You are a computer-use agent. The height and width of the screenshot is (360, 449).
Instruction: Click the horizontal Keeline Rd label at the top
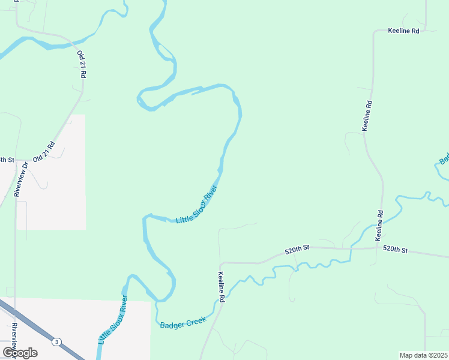click(403, 30)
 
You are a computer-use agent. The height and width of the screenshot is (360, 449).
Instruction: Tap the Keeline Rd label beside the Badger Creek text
click(221, 286)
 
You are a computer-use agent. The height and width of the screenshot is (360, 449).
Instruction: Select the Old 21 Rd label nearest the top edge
click(82, 64)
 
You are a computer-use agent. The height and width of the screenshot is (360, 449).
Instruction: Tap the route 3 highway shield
click(56, 341)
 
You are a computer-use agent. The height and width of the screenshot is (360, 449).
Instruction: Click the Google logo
click(20, 352)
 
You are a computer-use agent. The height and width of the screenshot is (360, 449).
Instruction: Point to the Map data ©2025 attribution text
click(423, 355)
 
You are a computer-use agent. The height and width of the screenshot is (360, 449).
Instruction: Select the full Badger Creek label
click(183, 323)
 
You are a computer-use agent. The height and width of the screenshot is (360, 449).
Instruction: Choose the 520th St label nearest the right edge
click(395, 249)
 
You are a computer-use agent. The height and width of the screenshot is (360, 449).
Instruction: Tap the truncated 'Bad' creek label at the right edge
click(444, 160)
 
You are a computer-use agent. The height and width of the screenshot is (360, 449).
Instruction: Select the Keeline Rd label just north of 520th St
click(379, 226)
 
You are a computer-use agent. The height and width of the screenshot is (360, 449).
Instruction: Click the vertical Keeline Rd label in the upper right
click(367, 116)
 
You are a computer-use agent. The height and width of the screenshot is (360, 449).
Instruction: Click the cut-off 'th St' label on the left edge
click(7, 160)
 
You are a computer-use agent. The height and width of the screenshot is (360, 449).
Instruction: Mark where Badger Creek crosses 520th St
click(351, 248)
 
